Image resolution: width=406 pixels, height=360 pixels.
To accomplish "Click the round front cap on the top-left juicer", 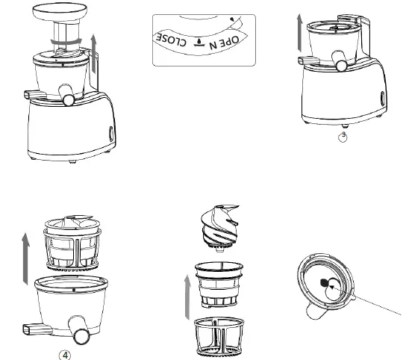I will [x=69, y=97].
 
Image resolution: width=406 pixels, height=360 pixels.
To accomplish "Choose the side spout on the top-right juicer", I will [x=307, y=63].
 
